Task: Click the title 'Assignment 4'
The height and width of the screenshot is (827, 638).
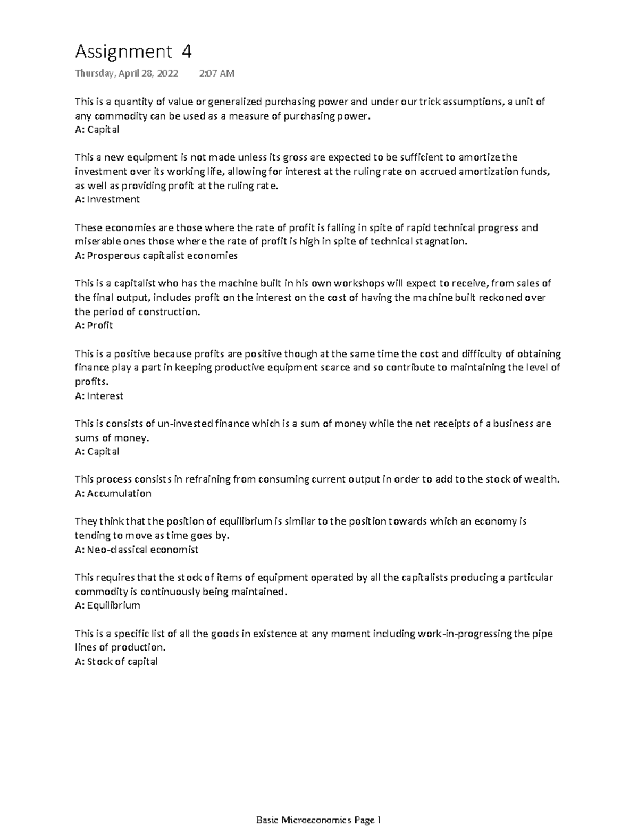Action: pyautogui.click(x=133, y=52)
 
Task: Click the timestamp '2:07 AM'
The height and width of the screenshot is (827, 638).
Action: pyautogui.click(x=216, y=73)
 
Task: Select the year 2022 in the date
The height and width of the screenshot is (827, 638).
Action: pyautogui.click(x=167, y=73)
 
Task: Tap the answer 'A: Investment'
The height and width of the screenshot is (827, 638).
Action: pyautogui.click(x=107, y=199)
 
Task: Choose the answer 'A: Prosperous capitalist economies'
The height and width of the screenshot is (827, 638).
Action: pyautogui.click(x=156, y=256)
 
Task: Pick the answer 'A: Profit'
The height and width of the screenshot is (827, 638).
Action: pyautogui.click(x=94, y=325)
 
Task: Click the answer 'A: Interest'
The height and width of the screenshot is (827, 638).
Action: pyautogui.click(x=99, y=396)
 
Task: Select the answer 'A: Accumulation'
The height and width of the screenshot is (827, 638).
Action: pyautogui.click(x=113, y=493)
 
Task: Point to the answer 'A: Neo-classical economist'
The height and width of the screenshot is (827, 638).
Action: pyautogui.click(x=137, y=550)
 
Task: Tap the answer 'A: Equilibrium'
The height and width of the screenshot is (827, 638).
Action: pyautogui.click(x=107, y=605)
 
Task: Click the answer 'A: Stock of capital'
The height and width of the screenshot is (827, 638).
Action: pyautogui.click(x=116, y=662)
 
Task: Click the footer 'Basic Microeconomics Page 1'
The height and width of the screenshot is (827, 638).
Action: pyautogui.click(x=319, y=821)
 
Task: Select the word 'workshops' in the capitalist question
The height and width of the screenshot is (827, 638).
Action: pyautogui.click(x=362, y=283)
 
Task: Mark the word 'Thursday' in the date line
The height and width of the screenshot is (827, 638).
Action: pyautogui.click(x=94, y=73)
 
